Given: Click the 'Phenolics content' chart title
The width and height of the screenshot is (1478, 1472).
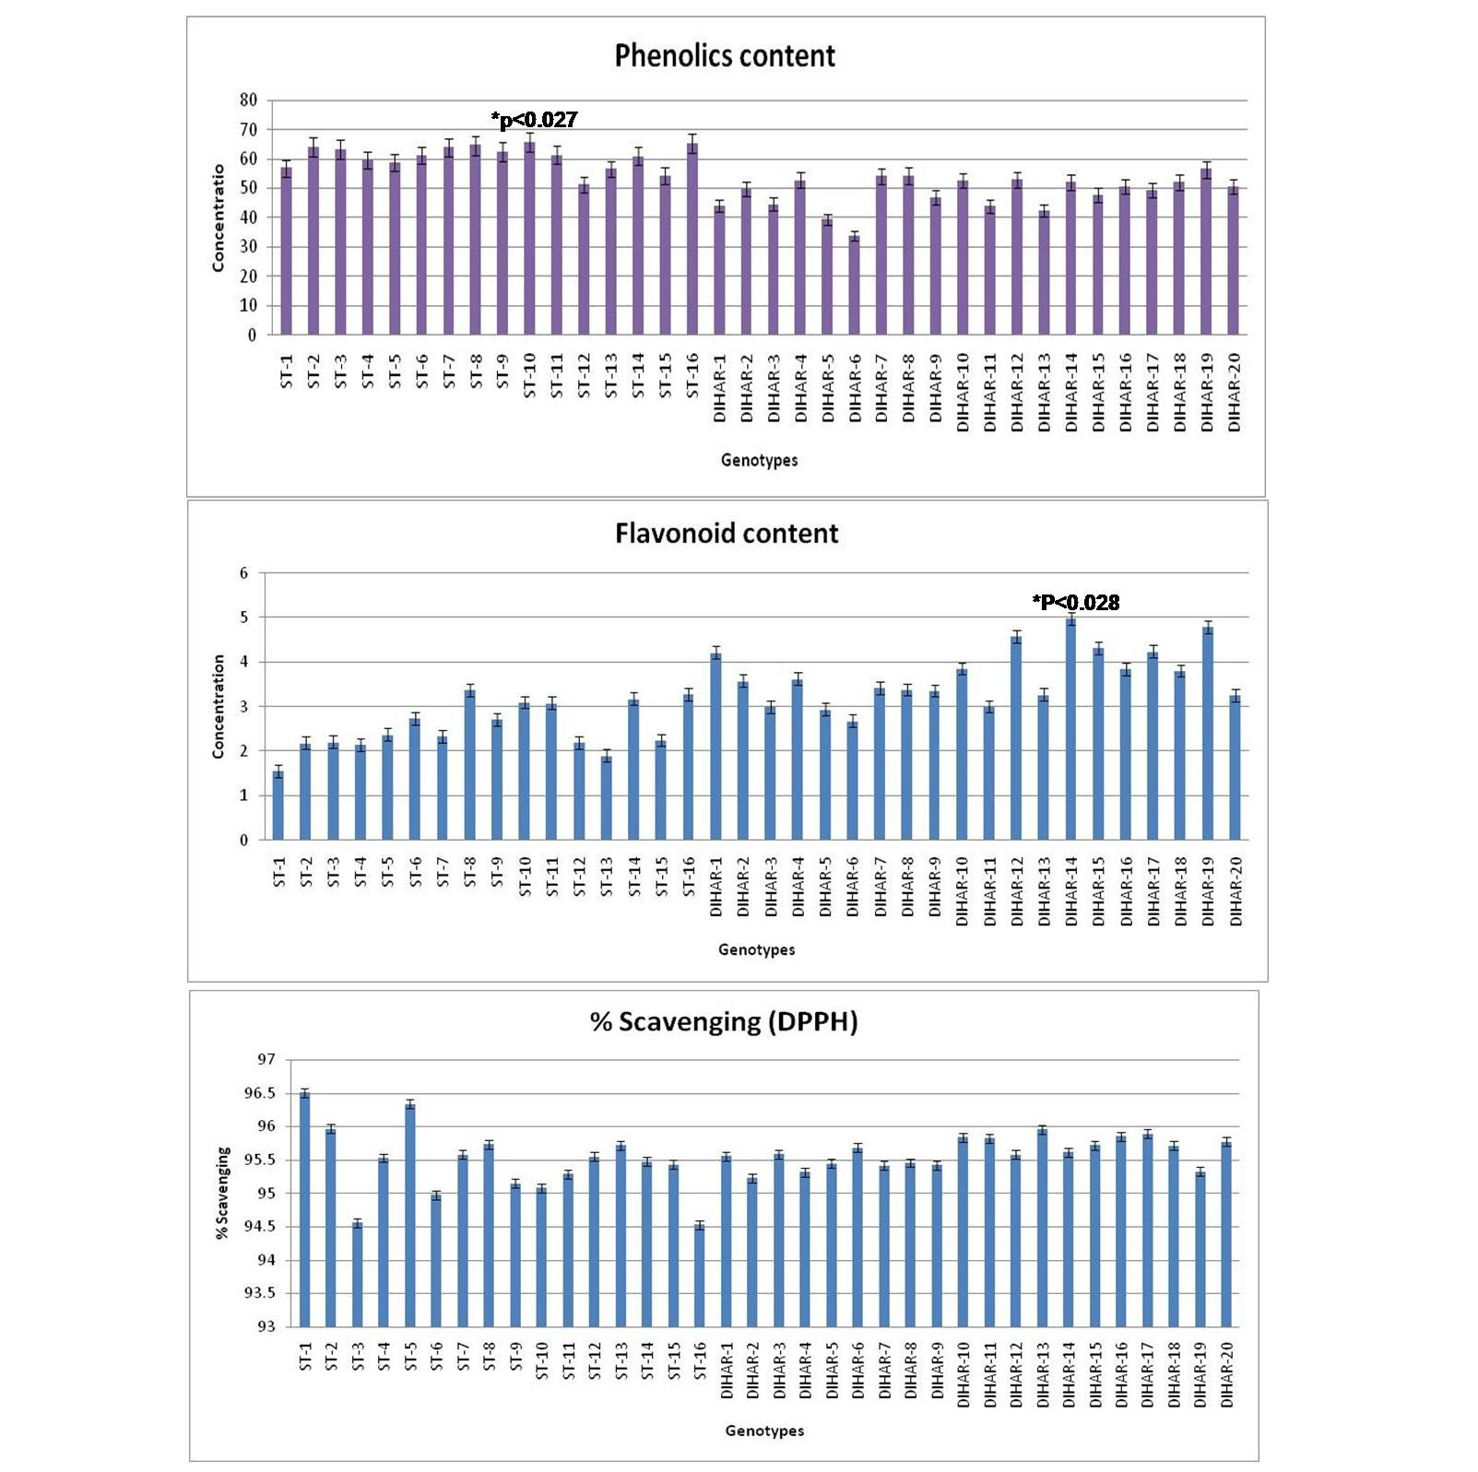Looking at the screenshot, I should [725, 56].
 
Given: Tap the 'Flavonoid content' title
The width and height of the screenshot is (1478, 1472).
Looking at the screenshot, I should [727, 534].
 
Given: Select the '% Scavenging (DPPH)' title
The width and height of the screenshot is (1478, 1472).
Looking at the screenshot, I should [724, 1022].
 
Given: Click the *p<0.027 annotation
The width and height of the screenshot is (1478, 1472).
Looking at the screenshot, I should [535, 120].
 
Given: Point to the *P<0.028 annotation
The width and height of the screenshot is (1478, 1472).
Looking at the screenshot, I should [1076, 603].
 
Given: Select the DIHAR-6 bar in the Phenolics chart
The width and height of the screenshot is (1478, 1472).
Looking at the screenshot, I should [855, 286].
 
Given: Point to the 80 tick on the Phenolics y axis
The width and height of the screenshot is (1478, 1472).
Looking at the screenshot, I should [249, 100].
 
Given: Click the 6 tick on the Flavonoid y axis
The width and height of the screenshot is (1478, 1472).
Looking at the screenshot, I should [244, 573].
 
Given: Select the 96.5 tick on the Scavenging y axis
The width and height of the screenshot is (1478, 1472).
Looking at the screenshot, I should [259, 1093].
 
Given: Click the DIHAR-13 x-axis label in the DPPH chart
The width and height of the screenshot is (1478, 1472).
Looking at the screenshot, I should [1043, 1373].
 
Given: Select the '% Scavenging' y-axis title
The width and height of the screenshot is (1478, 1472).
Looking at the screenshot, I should [222, 1193].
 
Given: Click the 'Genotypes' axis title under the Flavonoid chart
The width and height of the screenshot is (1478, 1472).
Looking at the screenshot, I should [756, 949].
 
